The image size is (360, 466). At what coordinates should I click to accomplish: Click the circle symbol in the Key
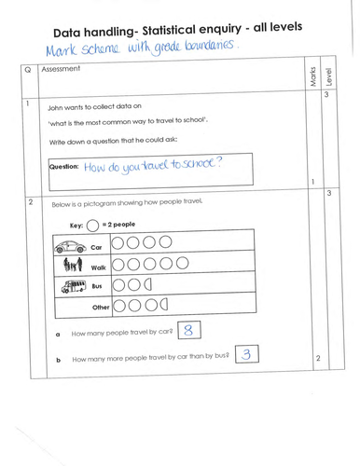(x=93, y=226)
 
